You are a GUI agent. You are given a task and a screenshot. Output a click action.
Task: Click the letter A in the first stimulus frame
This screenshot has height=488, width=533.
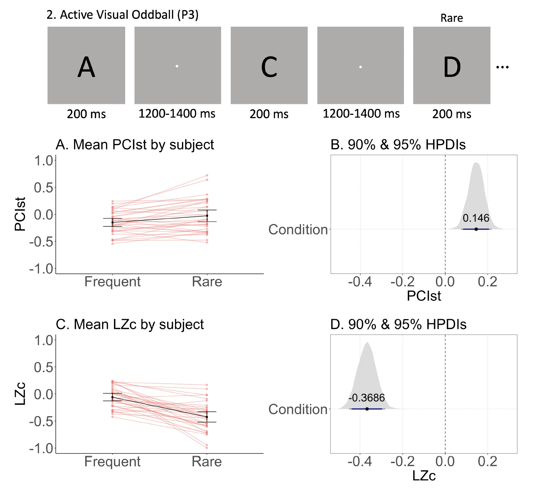(86, 67)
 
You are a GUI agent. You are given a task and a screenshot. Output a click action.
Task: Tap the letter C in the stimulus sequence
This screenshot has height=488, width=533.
(269, 67)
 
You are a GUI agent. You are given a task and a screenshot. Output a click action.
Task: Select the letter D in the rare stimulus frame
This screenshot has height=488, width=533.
(452, 67)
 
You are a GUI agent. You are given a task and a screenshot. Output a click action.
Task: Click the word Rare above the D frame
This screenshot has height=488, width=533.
(452, 18)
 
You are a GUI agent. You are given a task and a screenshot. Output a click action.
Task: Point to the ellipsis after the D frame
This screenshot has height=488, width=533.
(502, 67)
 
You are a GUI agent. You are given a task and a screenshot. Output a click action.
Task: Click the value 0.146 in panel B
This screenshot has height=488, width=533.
(476, 218)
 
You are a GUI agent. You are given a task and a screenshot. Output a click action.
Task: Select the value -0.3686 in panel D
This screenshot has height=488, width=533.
(366, 398)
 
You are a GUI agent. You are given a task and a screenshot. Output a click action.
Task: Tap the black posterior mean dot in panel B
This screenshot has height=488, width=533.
(476, 229)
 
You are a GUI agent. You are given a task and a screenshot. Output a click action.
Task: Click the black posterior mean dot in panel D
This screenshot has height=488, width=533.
(367, 409)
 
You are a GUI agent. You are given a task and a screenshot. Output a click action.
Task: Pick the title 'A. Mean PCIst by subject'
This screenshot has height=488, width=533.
(135, 145)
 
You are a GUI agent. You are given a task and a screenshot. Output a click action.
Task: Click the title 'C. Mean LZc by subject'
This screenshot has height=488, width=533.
(130, 324)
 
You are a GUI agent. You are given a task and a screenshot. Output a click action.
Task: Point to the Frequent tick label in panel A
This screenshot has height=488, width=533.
(113, 282)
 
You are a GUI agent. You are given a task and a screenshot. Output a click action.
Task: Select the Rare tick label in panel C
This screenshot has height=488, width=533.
(207, 461)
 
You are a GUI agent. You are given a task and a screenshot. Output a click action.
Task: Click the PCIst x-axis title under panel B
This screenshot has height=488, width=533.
(424, 296)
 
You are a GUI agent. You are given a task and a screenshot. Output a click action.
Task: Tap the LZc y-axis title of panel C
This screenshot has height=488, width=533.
(20, 394)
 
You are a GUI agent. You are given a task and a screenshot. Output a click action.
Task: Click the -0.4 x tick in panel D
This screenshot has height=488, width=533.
(360, 461)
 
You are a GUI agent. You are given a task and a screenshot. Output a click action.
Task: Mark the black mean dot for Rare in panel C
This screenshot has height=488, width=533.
(207, 417)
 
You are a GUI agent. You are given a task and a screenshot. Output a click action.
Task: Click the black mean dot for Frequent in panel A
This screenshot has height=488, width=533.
(113, 222)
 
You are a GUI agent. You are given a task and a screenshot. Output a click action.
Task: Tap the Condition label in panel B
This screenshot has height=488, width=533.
(298, 230)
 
